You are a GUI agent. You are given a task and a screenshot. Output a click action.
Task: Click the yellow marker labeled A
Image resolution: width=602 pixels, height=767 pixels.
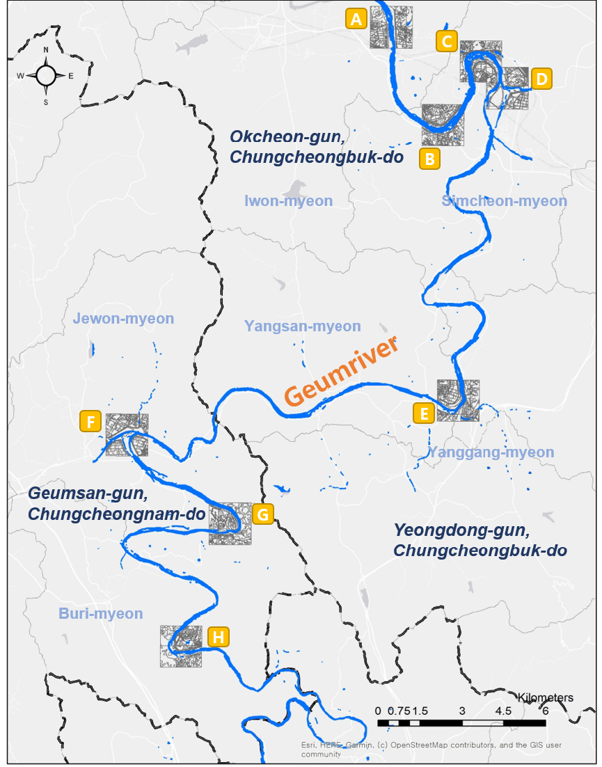click(x=356, y=19)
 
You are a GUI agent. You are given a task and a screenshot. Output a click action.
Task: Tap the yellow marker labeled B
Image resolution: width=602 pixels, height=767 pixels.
click(x=430, y=159)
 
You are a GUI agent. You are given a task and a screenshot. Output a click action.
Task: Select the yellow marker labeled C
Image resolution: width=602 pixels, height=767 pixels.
click(x=446, y=41)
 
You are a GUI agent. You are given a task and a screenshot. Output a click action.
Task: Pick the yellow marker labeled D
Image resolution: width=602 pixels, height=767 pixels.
click(x=541, y=79)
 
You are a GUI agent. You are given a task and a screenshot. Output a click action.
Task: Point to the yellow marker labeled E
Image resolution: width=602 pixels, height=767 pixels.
click(x=423, y=413)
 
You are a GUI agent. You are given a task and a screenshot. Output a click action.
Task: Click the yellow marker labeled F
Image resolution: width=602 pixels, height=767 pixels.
click(x=91, y=421)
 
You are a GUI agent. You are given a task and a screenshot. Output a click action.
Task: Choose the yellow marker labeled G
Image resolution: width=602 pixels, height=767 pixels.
click(x=263, y=514)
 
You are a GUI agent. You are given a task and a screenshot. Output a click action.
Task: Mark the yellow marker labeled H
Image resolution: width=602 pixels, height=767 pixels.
click(x=218, y=636)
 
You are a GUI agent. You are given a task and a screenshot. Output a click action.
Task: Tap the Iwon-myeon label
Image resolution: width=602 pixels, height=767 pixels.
click(x=288, y=201)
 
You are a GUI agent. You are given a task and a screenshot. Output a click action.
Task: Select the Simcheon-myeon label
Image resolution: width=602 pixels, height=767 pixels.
click(x=504, y=201)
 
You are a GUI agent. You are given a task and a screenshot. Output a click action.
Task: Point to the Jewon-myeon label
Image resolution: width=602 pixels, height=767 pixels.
click(x=123, y=319)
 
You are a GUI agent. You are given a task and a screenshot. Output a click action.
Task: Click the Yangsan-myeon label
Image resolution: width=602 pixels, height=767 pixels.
click(x=303, y=326)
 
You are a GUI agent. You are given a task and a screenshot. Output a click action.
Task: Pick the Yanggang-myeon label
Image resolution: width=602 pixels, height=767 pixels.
click(x=491, y=452)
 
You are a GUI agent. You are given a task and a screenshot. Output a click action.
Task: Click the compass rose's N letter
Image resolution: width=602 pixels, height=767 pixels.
click(x=46, y=50)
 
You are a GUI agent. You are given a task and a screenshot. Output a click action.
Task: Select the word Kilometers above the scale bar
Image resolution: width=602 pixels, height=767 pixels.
click(x=546, y=697)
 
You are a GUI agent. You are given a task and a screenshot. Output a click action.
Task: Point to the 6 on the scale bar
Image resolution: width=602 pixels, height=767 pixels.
click(x=545, y=711)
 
